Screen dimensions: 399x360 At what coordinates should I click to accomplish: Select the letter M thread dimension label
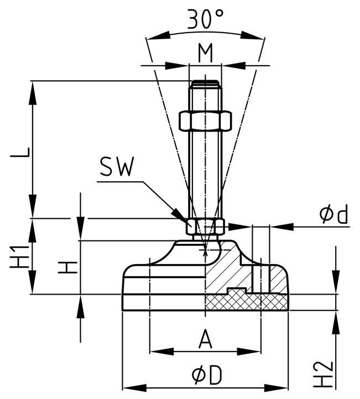tap(205, 53)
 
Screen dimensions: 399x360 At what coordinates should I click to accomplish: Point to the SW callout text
tap(116, 167)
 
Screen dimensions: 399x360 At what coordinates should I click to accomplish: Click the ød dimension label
tap(335, 214)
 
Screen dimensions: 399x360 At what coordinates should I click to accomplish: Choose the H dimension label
tap(66, 268)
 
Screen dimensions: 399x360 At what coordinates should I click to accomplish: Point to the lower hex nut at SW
tap(205, 226)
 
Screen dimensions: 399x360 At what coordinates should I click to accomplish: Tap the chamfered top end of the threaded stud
tap(205, 85)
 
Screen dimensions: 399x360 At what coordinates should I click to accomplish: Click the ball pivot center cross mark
tap(206, 251)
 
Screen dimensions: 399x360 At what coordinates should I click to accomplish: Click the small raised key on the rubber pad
tap(236, 291)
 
